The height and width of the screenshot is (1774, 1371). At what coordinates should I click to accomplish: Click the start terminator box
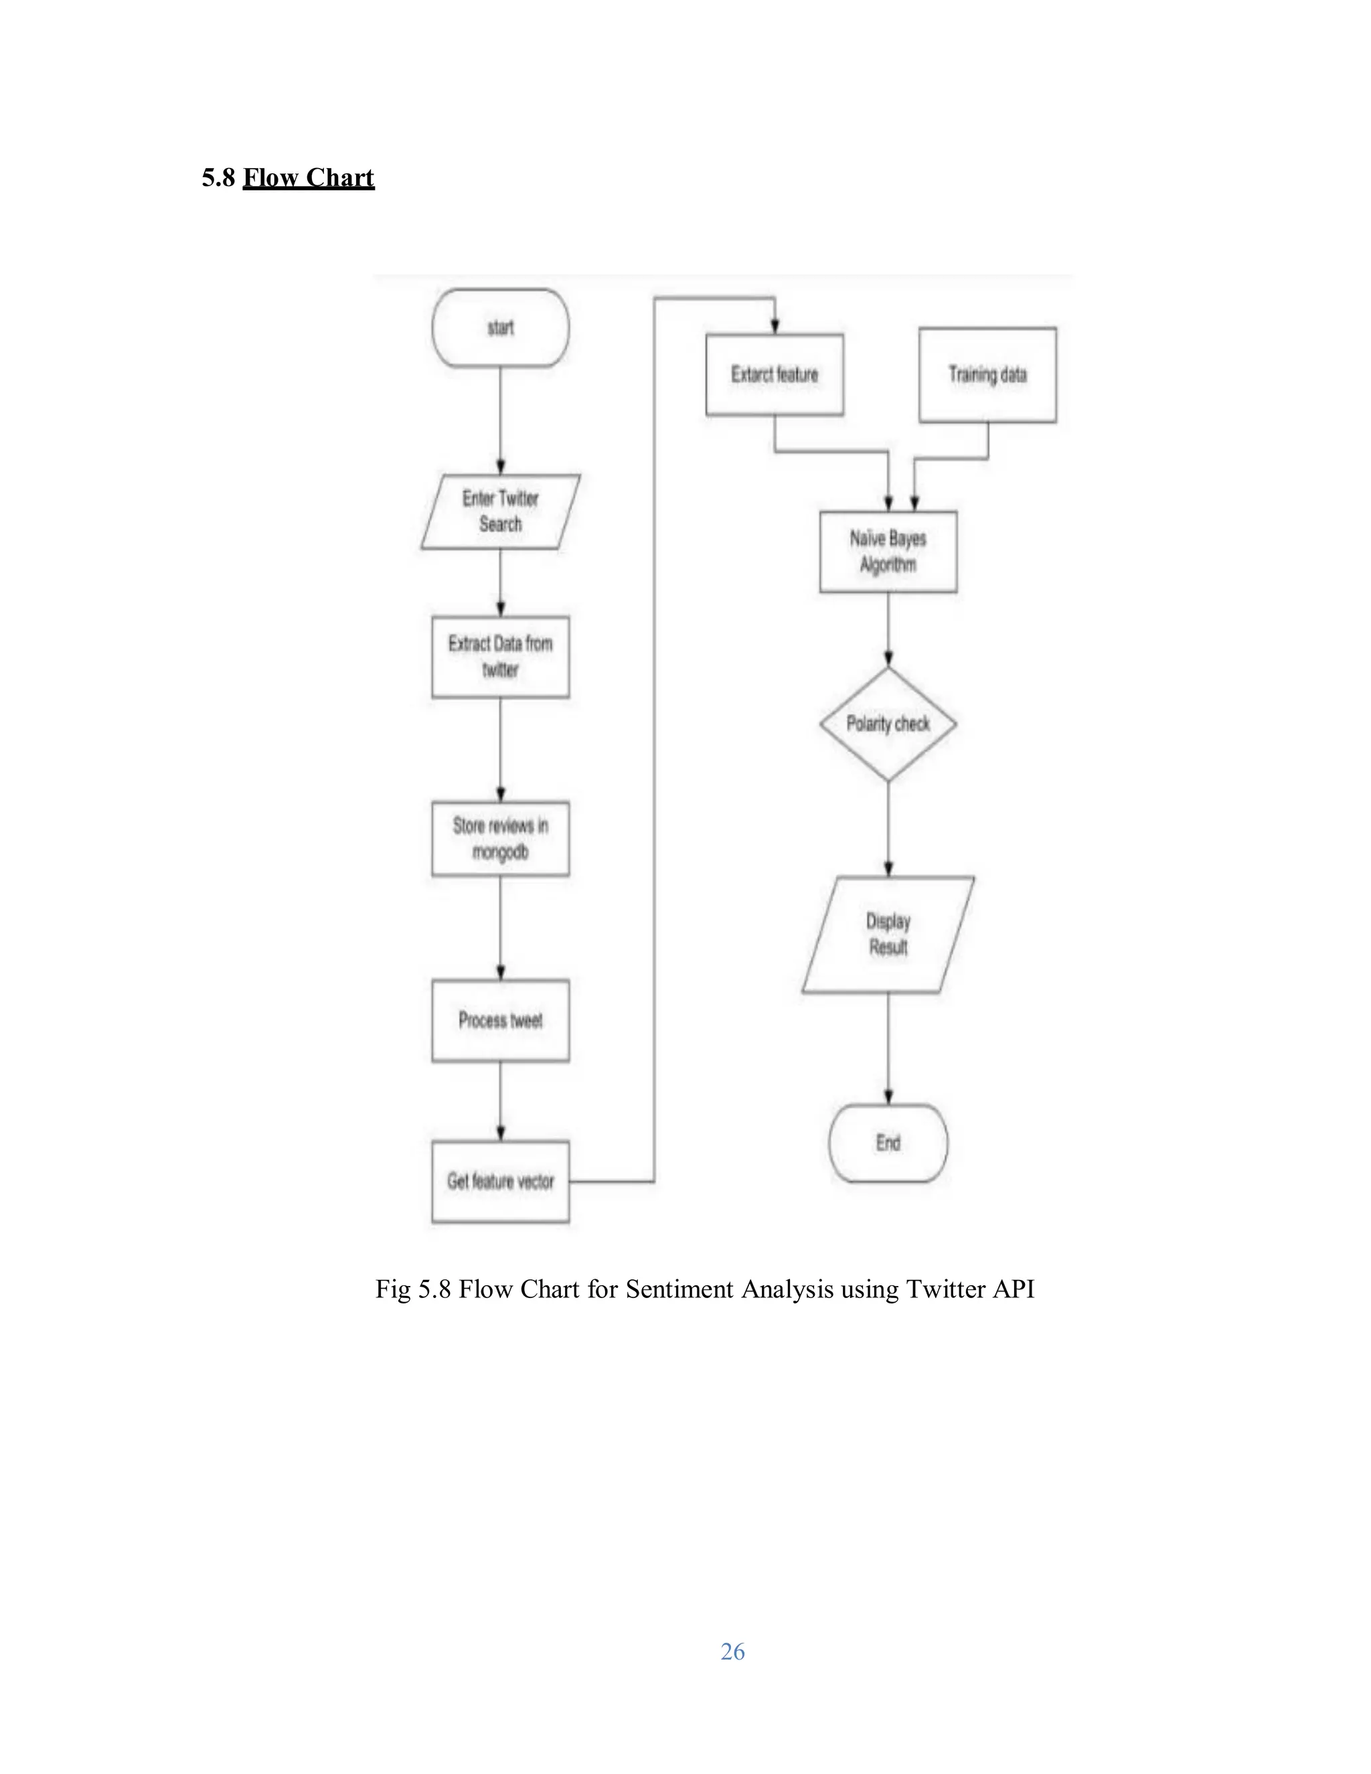pyautogui.click(x=500, y=328)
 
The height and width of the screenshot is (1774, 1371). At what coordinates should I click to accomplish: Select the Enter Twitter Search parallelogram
pyautogui.click(x=500, y=511)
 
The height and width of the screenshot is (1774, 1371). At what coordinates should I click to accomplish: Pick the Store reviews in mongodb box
pyautogui.click(x=500, y=838)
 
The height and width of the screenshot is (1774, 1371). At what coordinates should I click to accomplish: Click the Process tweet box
pyautogui.click(x=500, y=1020)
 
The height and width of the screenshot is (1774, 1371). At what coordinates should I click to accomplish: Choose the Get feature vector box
pyautogui.click(x=500, y=1181)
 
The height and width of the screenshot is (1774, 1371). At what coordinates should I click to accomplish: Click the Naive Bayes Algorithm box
pyautogui.click(x=888, y=552)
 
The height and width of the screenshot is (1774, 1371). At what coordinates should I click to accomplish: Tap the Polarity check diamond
pyautogui.click(x=888, y=724)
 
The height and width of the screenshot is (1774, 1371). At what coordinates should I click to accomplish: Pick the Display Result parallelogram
pyautogui.click(x=888, y=934)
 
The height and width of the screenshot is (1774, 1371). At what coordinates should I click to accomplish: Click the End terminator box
pyautogui.click(x=888, y=1143)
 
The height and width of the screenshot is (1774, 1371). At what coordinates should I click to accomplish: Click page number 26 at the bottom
pyautogui.click(x=732, y=1651)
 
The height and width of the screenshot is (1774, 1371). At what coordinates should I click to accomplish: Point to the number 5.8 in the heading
pyautogui.click(x=218, y=178)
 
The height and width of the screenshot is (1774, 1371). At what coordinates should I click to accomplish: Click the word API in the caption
pyautogui.click(x=1013, y=1289)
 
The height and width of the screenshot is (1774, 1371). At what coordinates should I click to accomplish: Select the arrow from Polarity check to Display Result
pyautogui.click(x=888, y=829)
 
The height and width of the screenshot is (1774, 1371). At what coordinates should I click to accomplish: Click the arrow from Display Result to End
pyautogui.click(x=888, y=1048)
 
